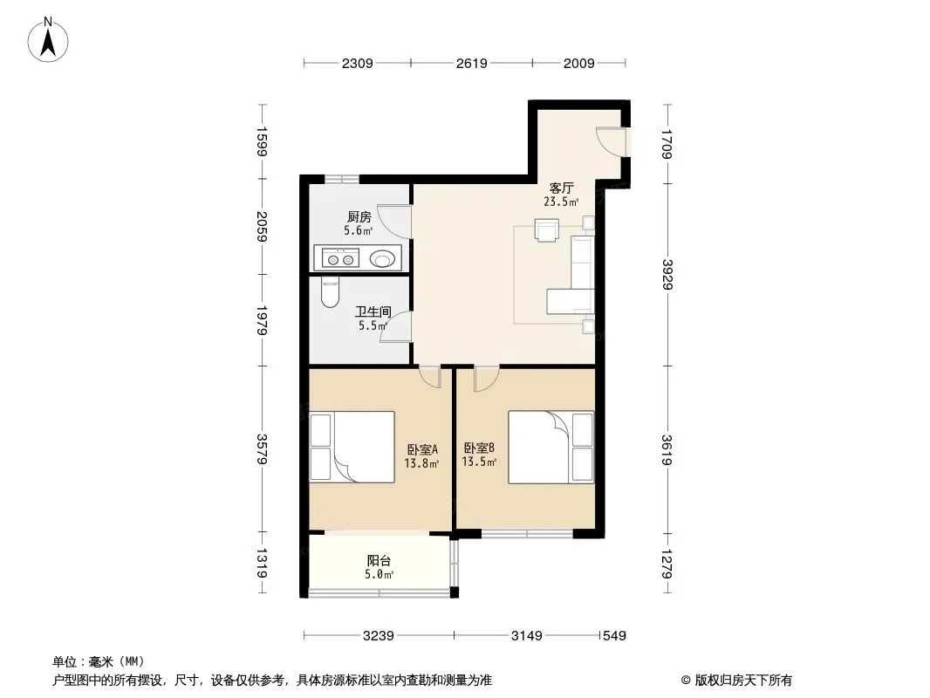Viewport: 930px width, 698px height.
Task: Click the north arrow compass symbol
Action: (x=48, y=40)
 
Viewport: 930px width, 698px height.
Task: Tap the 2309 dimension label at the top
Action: (x=357, y=63)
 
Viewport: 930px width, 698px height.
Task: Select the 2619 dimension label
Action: (x=471, y=63)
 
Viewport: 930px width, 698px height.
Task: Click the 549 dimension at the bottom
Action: (x=614, y=636)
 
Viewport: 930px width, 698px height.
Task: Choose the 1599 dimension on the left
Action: (x=262, y=141)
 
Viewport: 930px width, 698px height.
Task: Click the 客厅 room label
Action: (x=561, y=188)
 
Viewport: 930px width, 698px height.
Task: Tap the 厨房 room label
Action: (x=359, y=217)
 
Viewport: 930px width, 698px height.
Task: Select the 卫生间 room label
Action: (x=373, y=311)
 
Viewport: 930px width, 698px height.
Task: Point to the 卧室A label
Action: (x=422, y=449)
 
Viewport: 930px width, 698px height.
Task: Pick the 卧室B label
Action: (x=479, y=448)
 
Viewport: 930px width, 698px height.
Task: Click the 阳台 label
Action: (x=379, y=560)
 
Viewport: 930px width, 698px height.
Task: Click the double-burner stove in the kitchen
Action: (x=340, y=259)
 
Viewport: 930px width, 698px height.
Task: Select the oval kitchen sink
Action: (x=382, y=258)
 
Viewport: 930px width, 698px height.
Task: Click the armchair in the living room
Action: (x=546, y=230)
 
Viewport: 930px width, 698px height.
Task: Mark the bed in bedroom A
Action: (x=352, y=447)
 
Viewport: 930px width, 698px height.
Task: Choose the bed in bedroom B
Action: (x=551, y=447)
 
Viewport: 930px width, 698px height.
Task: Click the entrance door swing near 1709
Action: (x=611, y=141)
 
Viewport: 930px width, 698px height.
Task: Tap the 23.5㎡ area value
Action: (x=561, y=202)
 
